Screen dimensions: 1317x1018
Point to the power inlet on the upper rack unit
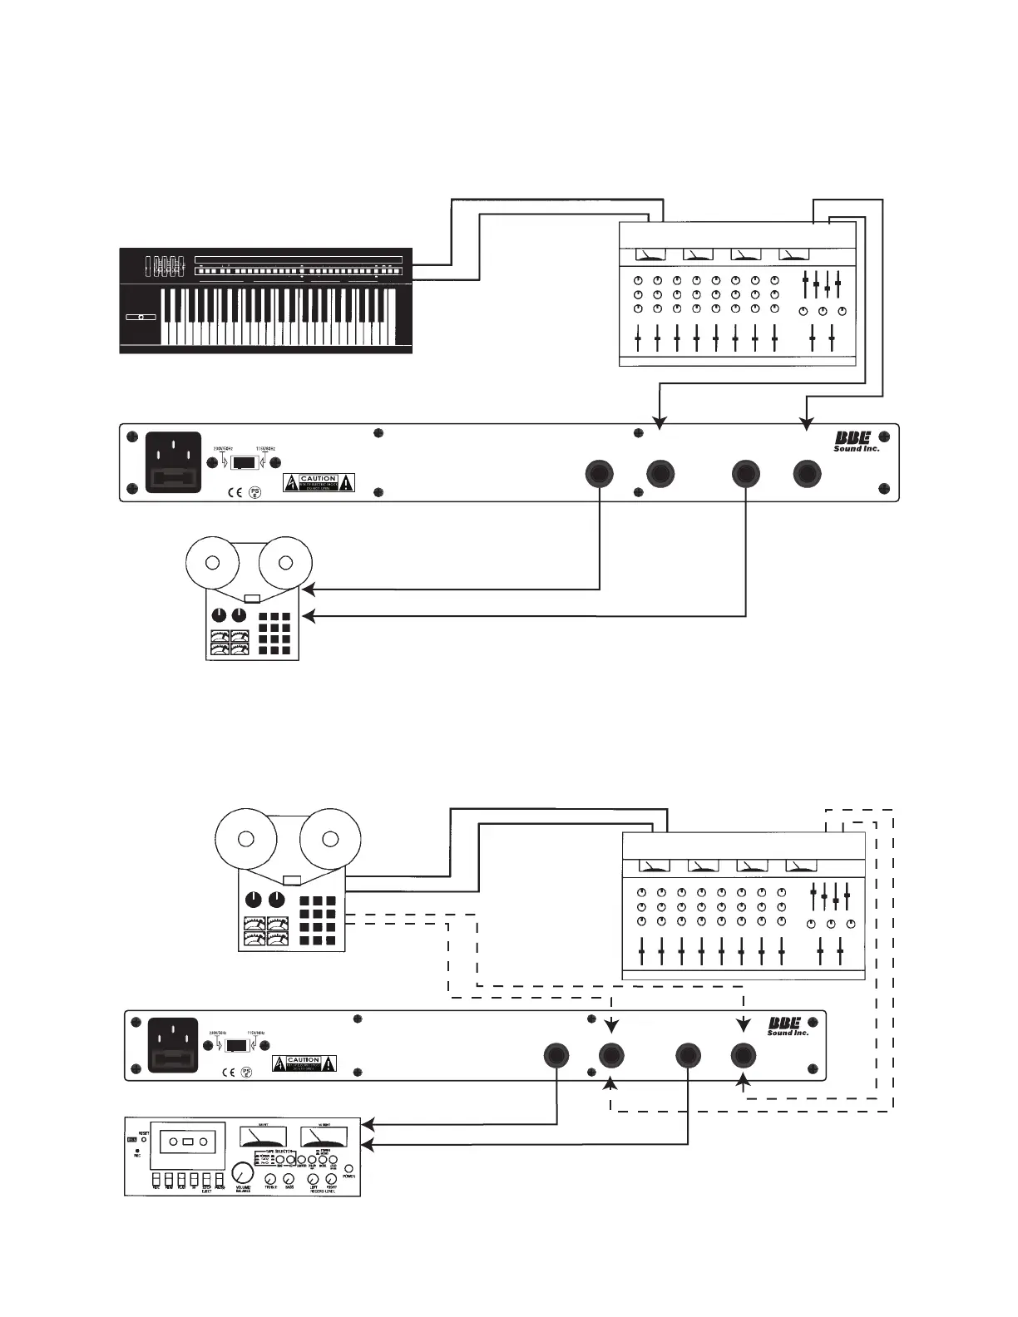[x=174, y=462]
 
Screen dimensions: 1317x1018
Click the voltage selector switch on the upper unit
[x=243, y=463]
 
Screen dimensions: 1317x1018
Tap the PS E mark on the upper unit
[x=255, y=493]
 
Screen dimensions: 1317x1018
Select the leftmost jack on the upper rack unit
[x=599, y=474]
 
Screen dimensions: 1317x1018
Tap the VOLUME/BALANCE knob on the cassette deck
[x=242, y=1172]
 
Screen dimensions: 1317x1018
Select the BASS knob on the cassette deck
[x=289, y=1181]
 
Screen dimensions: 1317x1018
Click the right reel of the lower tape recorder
[x=330, y=838]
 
